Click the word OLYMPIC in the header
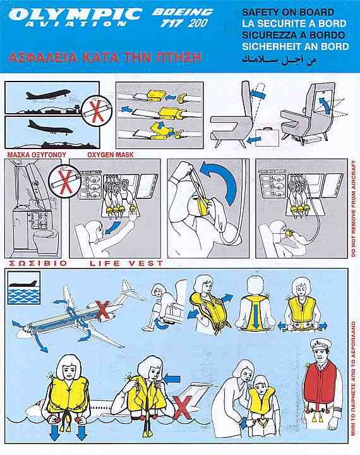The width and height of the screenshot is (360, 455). tap(75, 14)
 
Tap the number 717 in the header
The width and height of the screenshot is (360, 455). tap(171, 23)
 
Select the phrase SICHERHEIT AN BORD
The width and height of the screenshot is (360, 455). tap(296, 46)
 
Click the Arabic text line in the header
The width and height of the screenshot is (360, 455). tap(279, 59)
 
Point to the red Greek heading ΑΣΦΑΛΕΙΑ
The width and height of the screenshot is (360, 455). tap(44, 57)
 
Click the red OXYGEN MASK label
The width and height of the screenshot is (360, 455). tap(111, 155)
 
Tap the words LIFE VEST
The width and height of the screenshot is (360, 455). tap(126, 263)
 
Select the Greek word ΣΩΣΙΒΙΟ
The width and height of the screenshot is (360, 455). tap(38, 264)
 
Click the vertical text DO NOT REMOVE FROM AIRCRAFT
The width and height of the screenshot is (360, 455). tap(353, 208)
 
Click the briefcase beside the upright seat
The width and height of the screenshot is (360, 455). tap(267, 137)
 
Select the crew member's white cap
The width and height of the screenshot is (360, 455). tap(319, 344)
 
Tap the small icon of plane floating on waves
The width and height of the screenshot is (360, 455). tap(24, 288)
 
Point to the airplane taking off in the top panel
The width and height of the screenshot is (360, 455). tap(48, 95)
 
